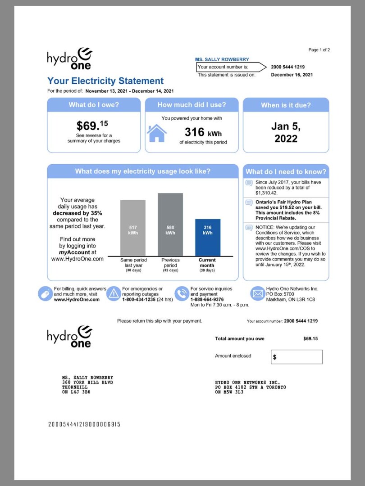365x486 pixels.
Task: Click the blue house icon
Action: tap(157, 133)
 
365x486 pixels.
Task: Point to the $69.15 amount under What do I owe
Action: tap(92, 126)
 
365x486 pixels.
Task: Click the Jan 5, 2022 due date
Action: tap(286, 132)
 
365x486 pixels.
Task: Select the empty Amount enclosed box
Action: tap(297, 357)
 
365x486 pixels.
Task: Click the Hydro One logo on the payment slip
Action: tap(69, 336)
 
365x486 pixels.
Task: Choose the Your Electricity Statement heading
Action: tap(105, 81)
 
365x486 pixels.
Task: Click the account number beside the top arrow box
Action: tap(287, 67)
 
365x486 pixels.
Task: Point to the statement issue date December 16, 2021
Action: tap(292, 75)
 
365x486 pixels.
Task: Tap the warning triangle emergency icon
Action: tap(113, 293)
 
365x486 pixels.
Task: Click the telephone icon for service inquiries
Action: tap(181, 293)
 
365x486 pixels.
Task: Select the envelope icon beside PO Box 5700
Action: tap(257, 293)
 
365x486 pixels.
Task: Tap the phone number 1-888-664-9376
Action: tap(207, 299)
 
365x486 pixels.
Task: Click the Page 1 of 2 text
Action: tap(319, 50)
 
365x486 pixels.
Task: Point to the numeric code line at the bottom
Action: tap(84, 424)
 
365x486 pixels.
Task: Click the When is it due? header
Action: tap(286, 105)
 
